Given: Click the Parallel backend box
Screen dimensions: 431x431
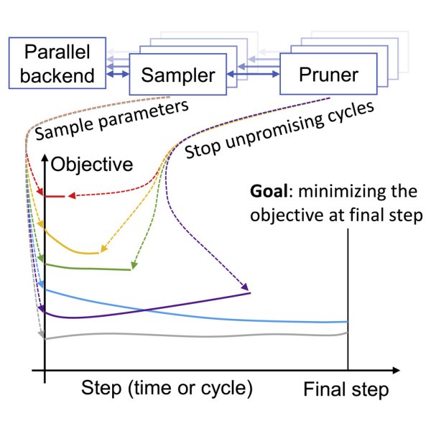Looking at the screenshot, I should pos(57,63).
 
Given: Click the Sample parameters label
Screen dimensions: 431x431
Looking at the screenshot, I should pos(111,121).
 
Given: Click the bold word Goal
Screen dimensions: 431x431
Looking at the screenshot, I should pos(269,192).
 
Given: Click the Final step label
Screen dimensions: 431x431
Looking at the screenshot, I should pos(346,390).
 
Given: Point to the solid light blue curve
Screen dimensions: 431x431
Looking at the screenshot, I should pos(215,315).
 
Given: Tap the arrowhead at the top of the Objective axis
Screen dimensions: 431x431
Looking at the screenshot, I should pos(45,157).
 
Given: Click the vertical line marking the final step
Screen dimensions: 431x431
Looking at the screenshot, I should pos(348,287).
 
